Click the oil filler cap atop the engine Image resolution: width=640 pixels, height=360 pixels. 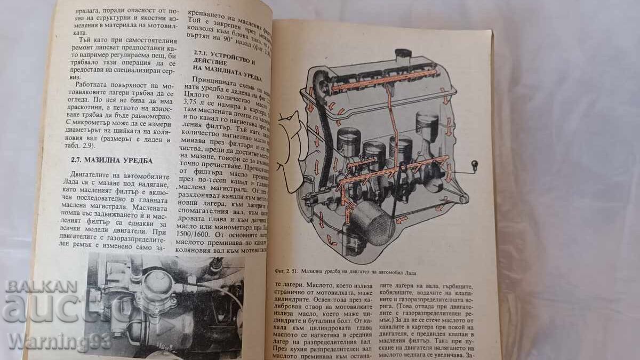402,55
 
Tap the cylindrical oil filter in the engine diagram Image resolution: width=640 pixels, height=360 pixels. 372,221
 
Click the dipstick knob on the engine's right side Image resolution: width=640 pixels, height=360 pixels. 473,163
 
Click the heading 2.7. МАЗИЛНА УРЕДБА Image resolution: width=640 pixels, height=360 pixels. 111,159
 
